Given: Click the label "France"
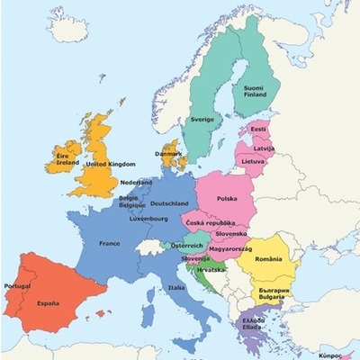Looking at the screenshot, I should coord(109,243).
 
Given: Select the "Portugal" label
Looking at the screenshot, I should coord(18,285).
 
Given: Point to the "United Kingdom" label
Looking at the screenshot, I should coord(110,164).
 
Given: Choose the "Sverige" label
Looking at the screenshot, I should coord(203,119).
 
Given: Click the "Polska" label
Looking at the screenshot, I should coord(227,198).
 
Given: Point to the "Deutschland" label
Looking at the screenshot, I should coord(168,203).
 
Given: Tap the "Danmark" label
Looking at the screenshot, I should coord(167,153).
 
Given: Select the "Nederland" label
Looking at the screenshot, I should coord(135,183).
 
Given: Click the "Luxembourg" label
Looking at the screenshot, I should coord(149,218).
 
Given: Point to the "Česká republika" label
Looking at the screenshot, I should coord(209,221).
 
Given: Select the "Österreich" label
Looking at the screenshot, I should coord(188,245).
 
